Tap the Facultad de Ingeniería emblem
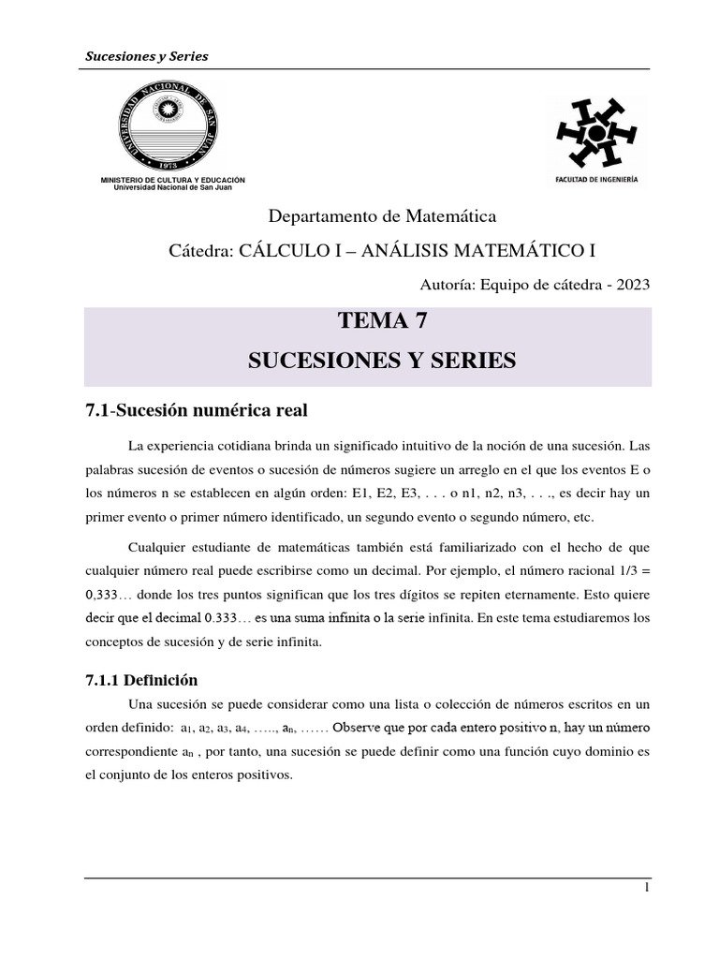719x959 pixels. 595,132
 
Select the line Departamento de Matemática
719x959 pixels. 382,216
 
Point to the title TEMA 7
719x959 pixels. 381,324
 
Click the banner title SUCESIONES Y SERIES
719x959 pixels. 381,361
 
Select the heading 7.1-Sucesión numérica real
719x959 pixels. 195,410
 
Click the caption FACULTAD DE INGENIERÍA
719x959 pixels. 595,180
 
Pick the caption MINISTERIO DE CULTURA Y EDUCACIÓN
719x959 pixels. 172,179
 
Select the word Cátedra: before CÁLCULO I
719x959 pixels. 198,251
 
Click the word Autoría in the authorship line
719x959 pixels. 451,285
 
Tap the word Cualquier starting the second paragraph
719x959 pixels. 156,545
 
